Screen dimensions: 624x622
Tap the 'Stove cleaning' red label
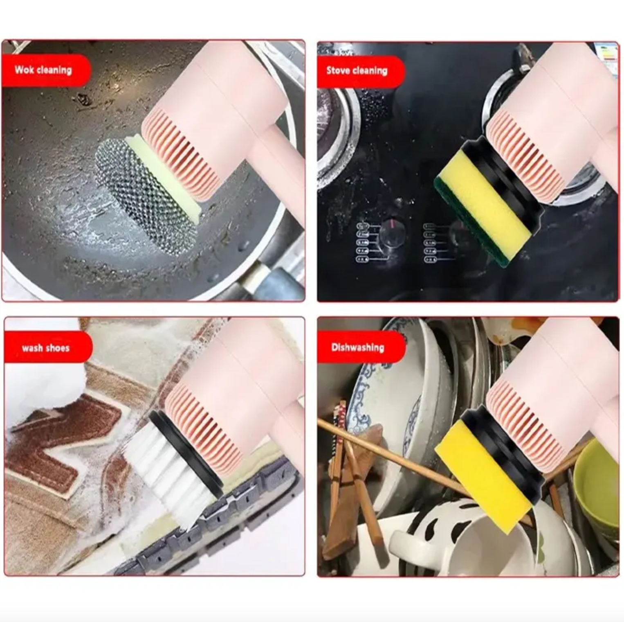(360, 71)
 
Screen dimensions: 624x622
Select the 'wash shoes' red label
(47, 348)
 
